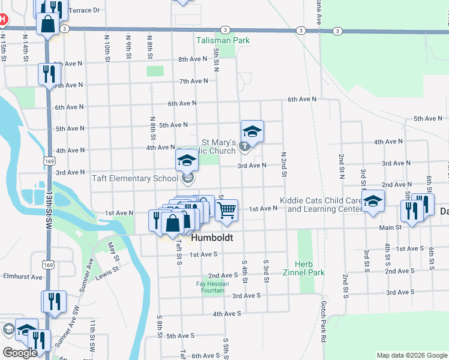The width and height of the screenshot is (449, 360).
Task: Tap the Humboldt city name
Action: [211, 238]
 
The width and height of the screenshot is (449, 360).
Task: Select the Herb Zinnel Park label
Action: [304, 268]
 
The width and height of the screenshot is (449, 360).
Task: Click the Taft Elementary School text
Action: [134, 178]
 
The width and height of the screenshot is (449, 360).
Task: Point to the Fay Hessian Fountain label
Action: [210, 287]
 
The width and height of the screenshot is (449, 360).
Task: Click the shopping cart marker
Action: [226, 211]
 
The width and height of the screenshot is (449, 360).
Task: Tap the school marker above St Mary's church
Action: [252, 132]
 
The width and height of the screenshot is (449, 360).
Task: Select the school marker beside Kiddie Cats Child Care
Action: [373, 203]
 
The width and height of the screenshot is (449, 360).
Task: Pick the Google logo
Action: [20, 353]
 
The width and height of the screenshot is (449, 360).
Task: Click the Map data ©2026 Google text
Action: [411, 355]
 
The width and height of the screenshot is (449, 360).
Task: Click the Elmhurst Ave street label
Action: [23, 277]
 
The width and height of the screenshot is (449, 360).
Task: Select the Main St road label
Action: [390, 227]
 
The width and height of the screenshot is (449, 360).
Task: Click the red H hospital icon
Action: [2, 19]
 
